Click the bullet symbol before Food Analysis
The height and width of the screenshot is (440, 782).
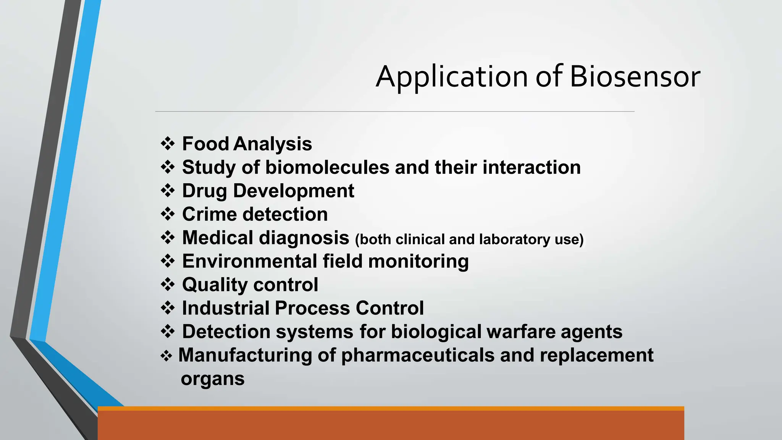tap(168, 144)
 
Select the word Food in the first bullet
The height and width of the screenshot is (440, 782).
tap(205, 144)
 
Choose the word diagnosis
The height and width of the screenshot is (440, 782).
tap(304, 238)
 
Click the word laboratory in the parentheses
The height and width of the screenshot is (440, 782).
tap(514, 239)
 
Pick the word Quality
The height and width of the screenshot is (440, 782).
tap(215, 285)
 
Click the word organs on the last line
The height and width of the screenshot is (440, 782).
tap(213, 379)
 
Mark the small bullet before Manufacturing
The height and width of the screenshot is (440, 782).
tap(166, 356)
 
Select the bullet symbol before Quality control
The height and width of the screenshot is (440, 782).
tap(168, 285)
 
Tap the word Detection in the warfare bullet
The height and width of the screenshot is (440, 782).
tap(226, 332)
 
